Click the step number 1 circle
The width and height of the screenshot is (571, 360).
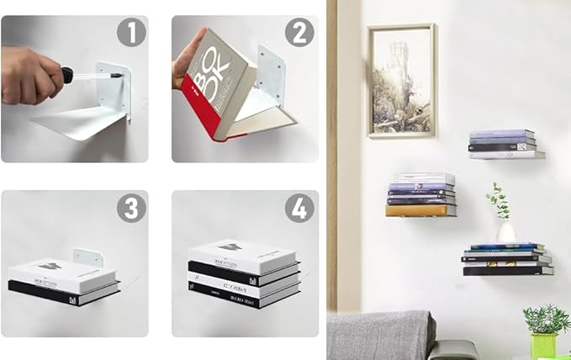coord(130,34)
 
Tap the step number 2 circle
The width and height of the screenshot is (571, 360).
coord(299,34)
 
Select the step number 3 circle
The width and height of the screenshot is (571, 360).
coord(130,207)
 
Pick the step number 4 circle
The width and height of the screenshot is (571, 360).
coord(299,207)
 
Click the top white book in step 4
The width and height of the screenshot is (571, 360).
coord(244,253)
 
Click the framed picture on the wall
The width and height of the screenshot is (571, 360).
coord(401,80)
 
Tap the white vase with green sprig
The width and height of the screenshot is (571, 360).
coord(505,231)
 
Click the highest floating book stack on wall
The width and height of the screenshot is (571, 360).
coord(505,144)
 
